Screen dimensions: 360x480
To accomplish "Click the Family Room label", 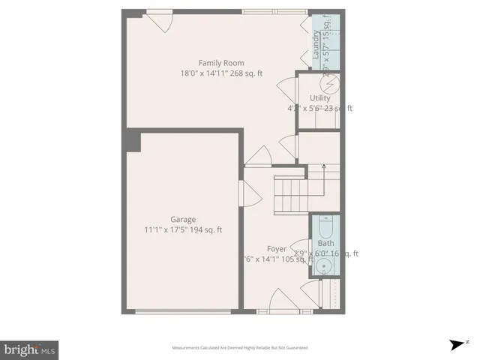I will pyautogui.click(x=221, y=63).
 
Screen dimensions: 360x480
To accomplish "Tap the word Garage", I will pyautogui.click(x=183, y=220).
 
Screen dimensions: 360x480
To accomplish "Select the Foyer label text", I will pyautogui.click(x=277, y=248).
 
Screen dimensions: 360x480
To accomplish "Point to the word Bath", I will pyautogui.click(x=326, y=243).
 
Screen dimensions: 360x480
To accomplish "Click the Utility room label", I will pyautogui.click(x=319, y=98).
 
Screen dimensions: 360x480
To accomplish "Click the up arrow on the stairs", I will pyautogui.click(x=323, y=167).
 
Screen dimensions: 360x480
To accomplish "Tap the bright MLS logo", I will pyautogui.click(x=29, y=349).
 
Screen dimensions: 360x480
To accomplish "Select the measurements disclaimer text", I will pyautogui.click(x=240, y=348).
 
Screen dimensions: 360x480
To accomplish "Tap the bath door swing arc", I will pyautogui.click(x=301, y=247).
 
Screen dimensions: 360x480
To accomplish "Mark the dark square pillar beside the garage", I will pyautogui.click(x=133, y=139).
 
